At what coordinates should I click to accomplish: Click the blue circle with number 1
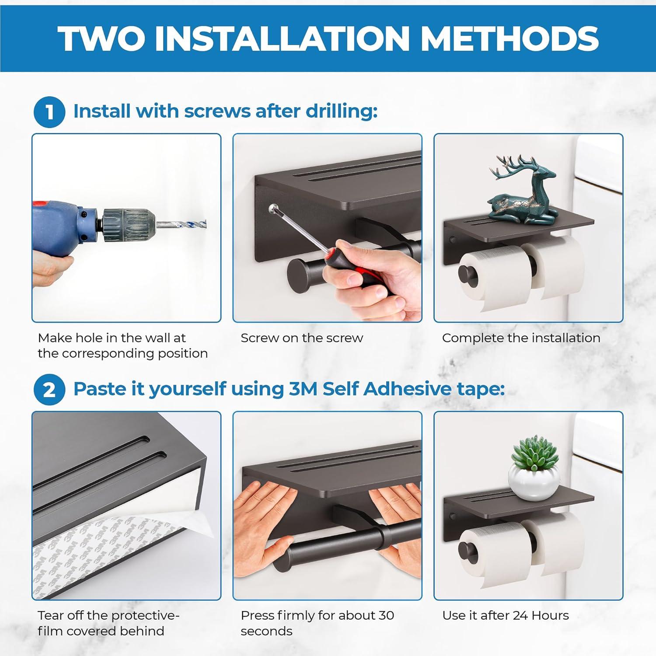(49, 112)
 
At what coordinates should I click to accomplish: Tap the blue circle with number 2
(49, 389)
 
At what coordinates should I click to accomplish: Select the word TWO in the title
(101, 38)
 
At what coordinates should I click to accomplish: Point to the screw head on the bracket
(273, 208)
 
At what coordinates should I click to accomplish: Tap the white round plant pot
(531, 481)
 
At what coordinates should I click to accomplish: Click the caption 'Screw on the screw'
(302, 338)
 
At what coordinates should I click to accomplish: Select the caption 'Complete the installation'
(521, 338)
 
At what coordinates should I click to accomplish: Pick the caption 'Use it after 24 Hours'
(506, 616)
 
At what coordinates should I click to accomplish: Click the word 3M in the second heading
(303, 389)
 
